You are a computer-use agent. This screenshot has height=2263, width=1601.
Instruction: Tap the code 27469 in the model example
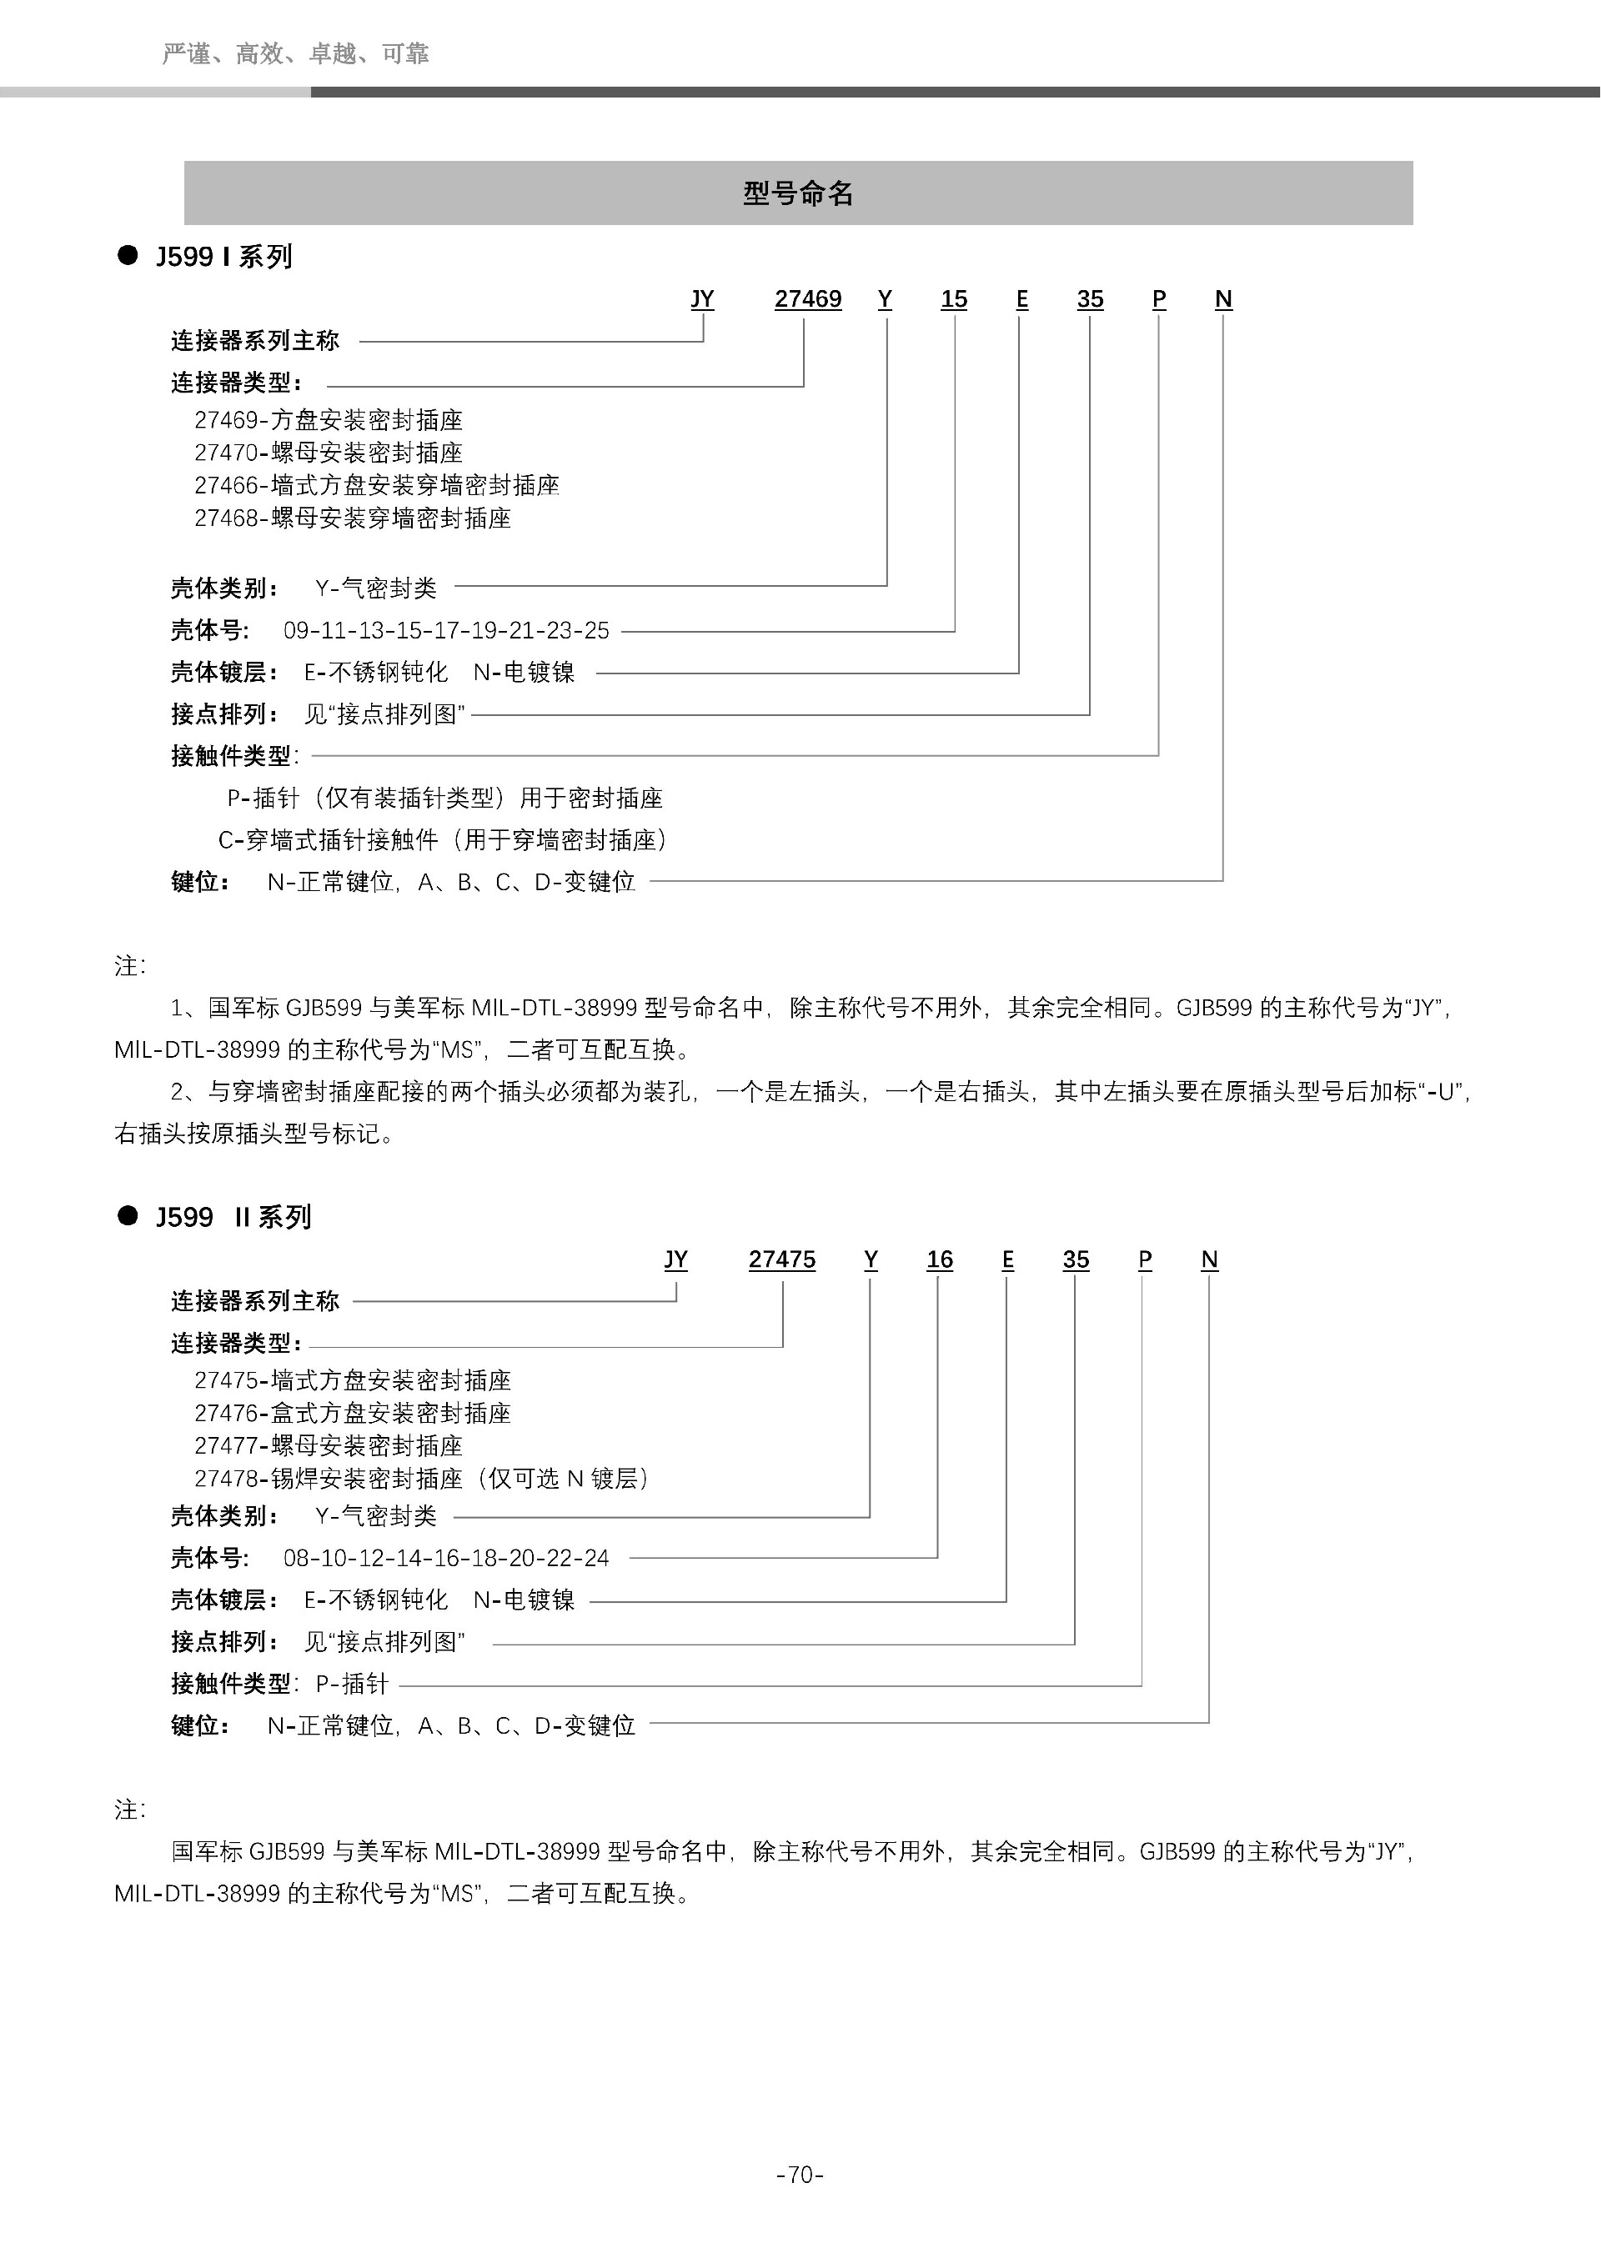(807, 298)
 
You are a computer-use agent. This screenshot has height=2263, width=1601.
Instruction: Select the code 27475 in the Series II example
(782, 1259)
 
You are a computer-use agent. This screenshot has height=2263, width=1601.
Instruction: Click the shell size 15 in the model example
(953, 298)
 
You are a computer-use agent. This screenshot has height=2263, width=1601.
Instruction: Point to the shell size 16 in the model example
(940, 1259)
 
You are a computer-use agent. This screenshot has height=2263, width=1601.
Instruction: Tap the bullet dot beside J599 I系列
(128, 256)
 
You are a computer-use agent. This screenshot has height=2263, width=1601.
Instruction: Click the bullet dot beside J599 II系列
(128, 1216)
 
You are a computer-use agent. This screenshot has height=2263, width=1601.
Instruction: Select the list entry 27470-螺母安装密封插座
(329, 453)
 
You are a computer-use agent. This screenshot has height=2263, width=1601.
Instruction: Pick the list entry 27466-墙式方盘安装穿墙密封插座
(377, 485)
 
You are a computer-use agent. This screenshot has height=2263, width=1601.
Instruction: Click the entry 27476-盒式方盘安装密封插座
(352, 1414)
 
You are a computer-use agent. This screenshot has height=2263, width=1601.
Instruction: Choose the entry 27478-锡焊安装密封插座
(421, 1479)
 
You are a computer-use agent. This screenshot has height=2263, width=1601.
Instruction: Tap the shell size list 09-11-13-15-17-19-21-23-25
(445, 630)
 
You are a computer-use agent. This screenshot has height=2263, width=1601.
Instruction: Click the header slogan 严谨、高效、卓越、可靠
(294, 53)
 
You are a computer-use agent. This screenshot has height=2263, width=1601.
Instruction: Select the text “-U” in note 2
(1443, 1092)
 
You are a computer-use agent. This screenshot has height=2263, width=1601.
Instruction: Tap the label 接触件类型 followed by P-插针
(231, 1684)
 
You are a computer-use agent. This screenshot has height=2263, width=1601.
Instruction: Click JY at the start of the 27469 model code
(702, 298)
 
